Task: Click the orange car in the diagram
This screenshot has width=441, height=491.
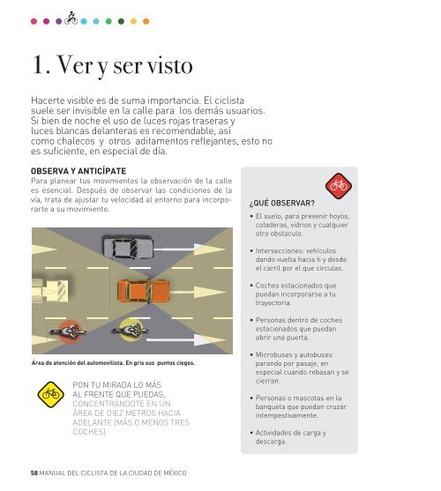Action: pos(144,292)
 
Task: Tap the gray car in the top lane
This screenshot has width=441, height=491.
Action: pos(128,248)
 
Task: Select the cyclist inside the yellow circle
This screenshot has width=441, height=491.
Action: pos(131,330)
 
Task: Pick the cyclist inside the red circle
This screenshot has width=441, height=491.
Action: pos(69,331)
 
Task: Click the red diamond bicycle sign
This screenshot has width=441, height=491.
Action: pos(339,186)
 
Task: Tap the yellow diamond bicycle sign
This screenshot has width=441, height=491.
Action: pos(51,395)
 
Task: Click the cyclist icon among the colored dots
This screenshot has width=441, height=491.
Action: pos(71,19)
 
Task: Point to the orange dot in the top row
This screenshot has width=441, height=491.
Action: pos(146,21)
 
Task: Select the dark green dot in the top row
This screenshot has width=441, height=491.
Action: pos(121,21)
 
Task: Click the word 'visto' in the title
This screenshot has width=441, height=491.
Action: pos(169,65)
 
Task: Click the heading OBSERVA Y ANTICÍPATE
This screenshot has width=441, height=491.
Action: pos(78,171)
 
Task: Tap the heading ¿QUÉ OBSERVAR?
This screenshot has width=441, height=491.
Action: pos(282,204)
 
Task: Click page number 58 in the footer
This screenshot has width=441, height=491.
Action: pos(34,472)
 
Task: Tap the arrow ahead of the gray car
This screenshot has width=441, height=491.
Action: pos(189,249)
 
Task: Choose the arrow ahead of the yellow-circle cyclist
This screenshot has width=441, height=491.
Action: pos(185,339)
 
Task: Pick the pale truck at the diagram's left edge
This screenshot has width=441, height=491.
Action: pos(50,291)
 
